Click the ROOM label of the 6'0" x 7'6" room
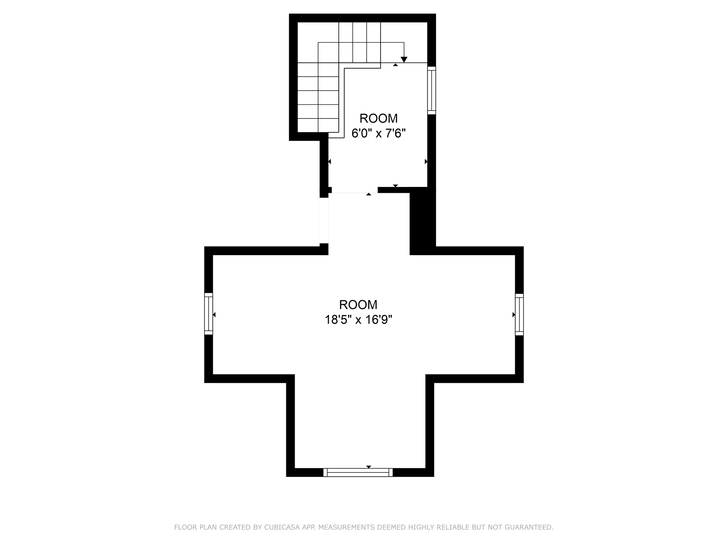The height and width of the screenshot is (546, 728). pyautogui.click(x=378, y=118)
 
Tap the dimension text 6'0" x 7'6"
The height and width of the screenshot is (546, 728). pyautogui.click(x=378, y=133)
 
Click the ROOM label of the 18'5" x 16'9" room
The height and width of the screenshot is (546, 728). pyautogui.click(x=358, y=304)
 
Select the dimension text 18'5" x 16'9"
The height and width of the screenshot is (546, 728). pyautogui.click(x=358, y=320)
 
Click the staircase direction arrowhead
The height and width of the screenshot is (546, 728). pyautogui.click(x=404, y=59)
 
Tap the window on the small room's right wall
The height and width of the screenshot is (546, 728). pyautogui.click(x=432, y=90)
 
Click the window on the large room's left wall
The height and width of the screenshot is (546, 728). pyautogui.click(x=209, y=314)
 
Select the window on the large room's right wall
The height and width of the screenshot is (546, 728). pyautogui.click(x=519, y=314)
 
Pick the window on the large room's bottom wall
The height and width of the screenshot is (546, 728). pyautogui.click(x=358, y=472)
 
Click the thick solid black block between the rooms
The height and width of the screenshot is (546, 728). pyautogui.click(x=422, y=220)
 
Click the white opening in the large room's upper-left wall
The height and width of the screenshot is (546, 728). pyautogui.click(x=324, y=220)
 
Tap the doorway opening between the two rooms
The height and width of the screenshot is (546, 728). pyautogui.click(x=355, y=190)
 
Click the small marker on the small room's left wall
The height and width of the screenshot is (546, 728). pyautogui.click(x=329, y=161)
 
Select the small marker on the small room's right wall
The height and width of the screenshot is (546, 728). pyautogui.click(x=426, y=161)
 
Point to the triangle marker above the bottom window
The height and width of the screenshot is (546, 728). pyautogui.click(x=369, y=467)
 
